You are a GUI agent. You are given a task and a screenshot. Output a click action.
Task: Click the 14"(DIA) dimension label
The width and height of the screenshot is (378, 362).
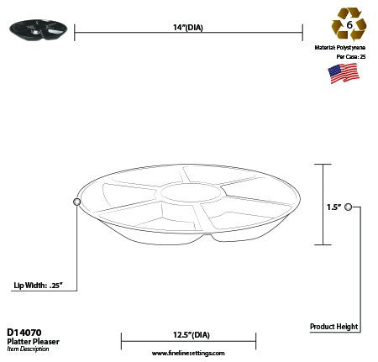[x=188, y=28]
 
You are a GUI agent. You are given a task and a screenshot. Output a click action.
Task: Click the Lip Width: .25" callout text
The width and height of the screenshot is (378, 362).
[x=39, y=286]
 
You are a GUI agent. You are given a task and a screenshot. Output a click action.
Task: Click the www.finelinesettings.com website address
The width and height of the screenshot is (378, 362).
[x=188, y=353]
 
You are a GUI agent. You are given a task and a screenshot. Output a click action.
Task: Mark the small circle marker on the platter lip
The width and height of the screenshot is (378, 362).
[x=77, y=202]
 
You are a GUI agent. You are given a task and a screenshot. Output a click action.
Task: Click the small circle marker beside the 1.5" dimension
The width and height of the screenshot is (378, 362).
[x=349, y=205]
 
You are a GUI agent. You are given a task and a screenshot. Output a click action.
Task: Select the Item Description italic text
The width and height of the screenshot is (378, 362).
[x=28, y=349]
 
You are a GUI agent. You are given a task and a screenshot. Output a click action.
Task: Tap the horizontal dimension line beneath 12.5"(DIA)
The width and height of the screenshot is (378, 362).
[x=188, y=339]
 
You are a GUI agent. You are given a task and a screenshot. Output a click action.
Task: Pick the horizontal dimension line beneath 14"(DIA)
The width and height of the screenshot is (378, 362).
[x=188, y=35]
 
